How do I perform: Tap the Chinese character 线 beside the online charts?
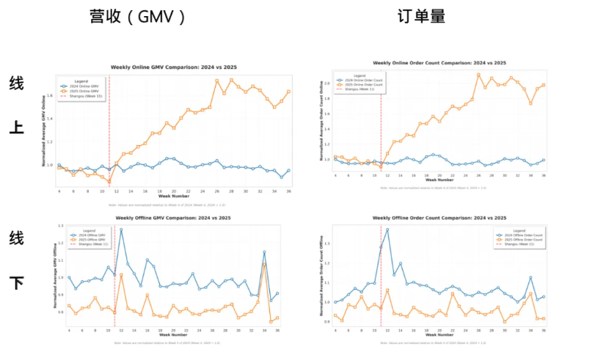[16, 84]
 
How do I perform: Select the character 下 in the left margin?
[16, 284]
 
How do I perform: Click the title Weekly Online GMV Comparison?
[173, 67]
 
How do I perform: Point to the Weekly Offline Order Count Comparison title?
[439, 218]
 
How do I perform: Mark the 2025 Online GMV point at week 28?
[230, 80]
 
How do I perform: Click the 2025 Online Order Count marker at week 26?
[478, 74]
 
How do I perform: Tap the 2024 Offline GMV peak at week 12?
[121, 229]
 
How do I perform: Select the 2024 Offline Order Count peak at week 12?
[387, 229]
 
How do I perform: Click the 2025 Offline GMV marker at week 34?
[264, 264]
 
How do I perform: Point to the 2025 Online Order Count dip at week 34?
[530, 103]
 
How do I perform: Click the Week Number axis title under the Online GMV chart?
[174, 196]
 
